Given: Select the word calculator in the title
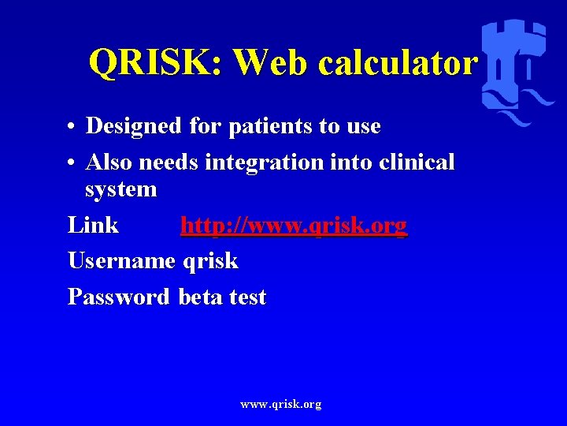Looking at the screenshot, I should click(x=398, y=62).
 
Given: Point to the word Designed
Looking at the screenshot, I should click(x=135, y=126).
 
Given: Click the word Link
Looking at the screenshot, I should click(x=93, y=226).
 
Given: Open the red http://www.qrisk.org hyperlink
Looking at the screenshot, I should click(x=294, y=226).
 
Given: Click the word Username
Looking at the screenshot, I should click(x=121, y=261).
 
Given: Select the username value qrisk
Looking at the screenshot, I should click(x=209, y=261).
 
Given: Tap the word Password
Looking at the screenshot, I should click(x=118, y=297).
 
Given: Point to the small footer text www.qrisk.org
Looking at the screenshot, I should click(x=281, y=405).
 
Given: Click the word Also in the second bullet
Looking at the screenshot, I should click(x=107, y=163).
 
